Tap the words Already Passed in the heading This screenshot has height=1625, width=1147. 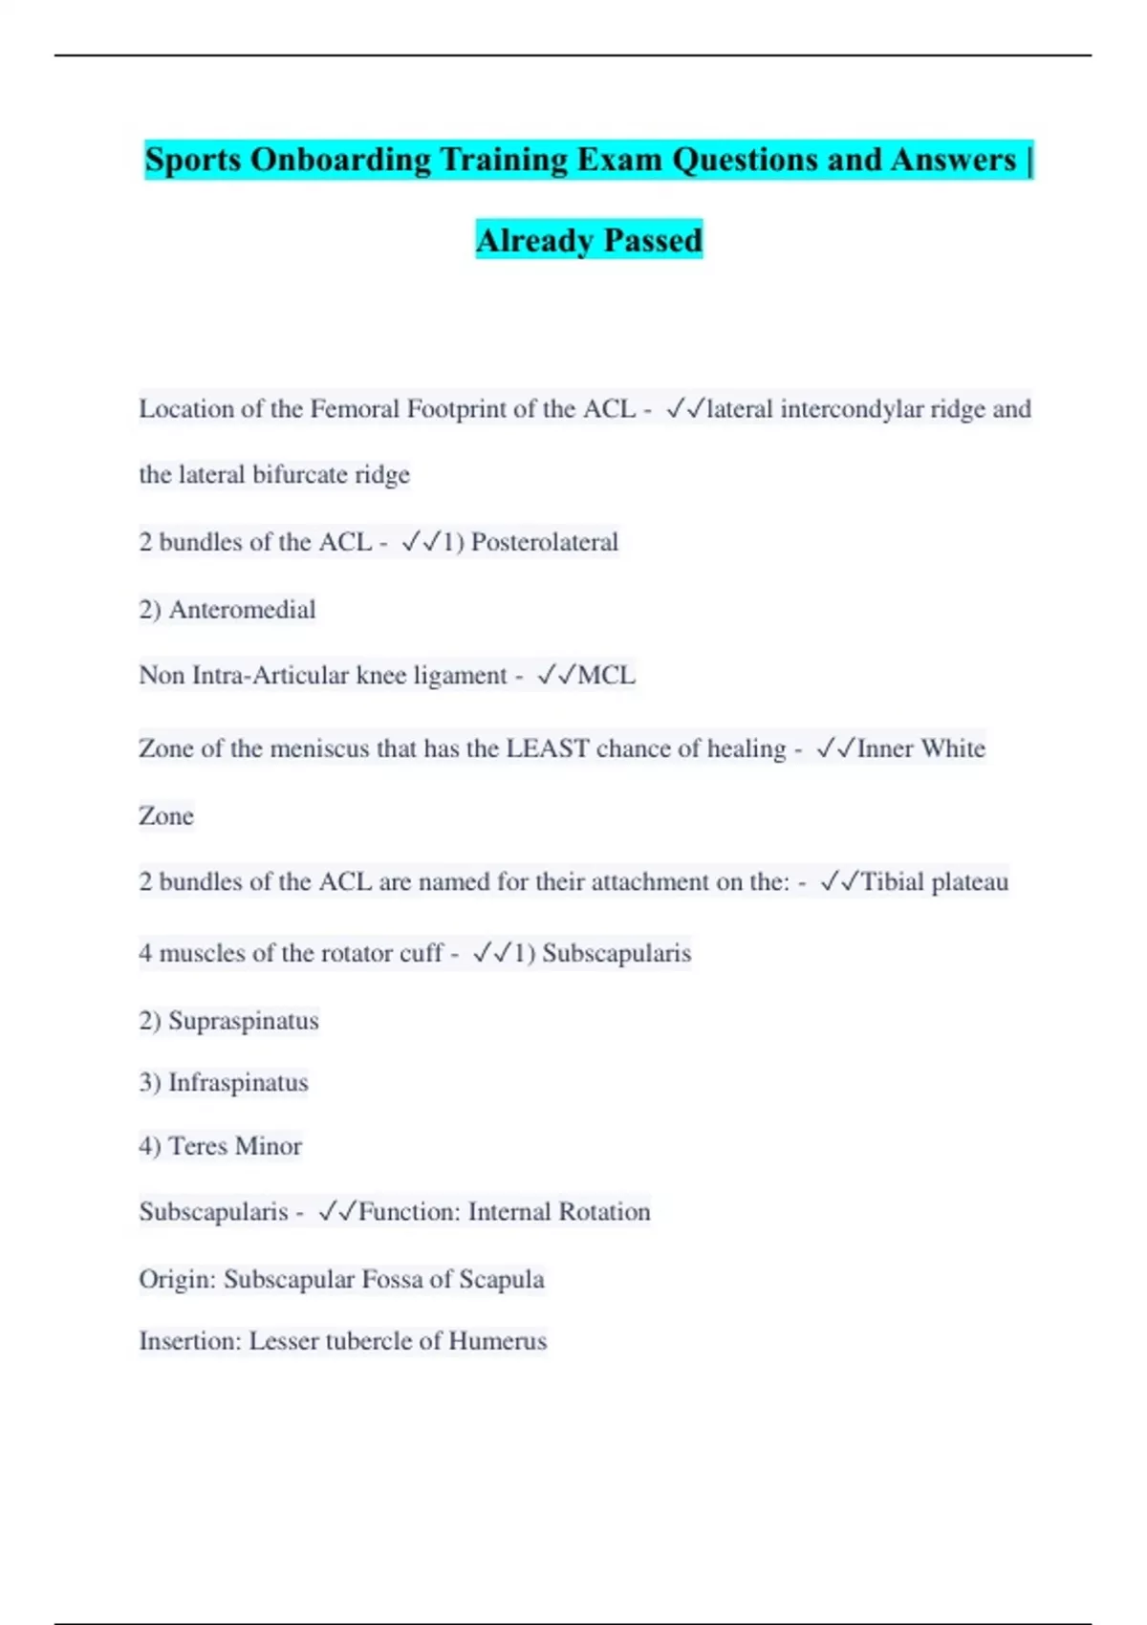589,240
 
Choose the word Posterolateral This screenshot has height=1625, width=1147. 544,542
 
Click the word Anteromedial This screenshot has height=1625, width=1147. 242,610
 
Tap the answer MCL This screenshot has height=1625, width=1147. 606,676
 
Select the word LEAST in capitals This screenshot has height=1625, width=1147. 547,748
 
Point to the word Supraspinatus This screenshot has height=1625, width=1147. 243,1021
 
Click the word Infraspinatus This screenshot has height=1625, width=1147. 238,1083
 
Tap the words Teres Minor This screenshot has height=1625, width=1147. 234,1146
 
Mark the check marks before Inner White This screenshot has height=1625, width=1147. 835,748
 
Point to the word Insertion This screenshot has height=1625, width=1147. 189,1341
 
